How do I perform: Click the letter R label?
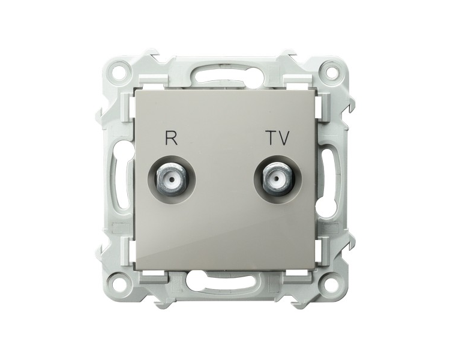pyautogui.click(x=171, y=138)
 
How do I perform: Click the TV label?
pyautogui.click(x=278, y=138)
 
